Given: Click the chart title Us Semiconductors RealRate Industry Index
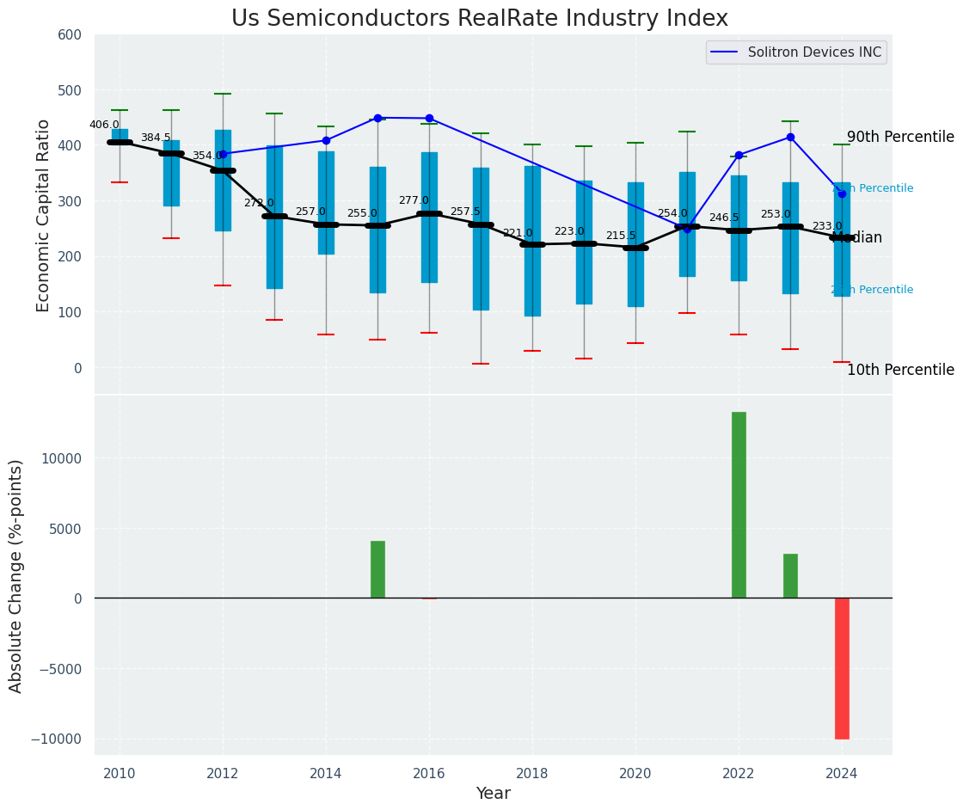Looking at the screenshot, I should (x=480, y=19).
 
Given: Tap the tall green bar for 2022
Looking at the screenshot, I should (x=739, y=505).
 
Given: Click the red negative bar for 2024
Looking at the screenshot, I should (x=842, y=668).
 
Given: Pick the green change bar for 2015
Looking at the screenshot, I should (x=377, y=569).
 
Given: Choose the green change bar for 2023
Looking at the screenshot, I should (x=790, y=576).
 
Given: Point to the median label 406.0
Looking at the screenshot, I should (x=104, y=125).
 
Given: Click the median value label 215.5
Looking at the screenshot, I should (x=621, y=236).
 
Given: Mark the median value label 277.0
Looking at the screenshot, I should (x=414, y=200).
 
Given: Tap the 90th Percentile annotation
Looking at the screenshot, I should (x=900, y=137).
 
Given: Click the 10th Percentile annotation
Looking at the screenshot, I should (x=900, y=370).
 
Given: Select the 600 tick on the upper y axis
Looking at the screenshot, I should (x=70, y=35).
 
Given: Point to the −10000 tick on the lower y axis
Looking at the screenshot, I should (x=57, y=739).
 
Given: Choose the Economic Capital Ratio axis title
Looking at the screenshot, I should (x=44, y=214).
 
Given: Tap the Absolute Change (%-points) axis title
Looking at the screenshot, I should (x=16, y=575).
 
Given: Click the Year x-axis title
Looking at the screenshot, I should (x=494, y=794).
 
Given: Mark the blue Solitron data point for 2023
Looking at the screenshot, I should (x=790, y=138).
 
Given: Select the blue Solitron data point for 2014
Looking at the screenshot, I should (x=326, y=140).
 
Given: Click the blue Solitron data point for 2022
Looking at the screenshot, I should (x=739, y=155).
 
